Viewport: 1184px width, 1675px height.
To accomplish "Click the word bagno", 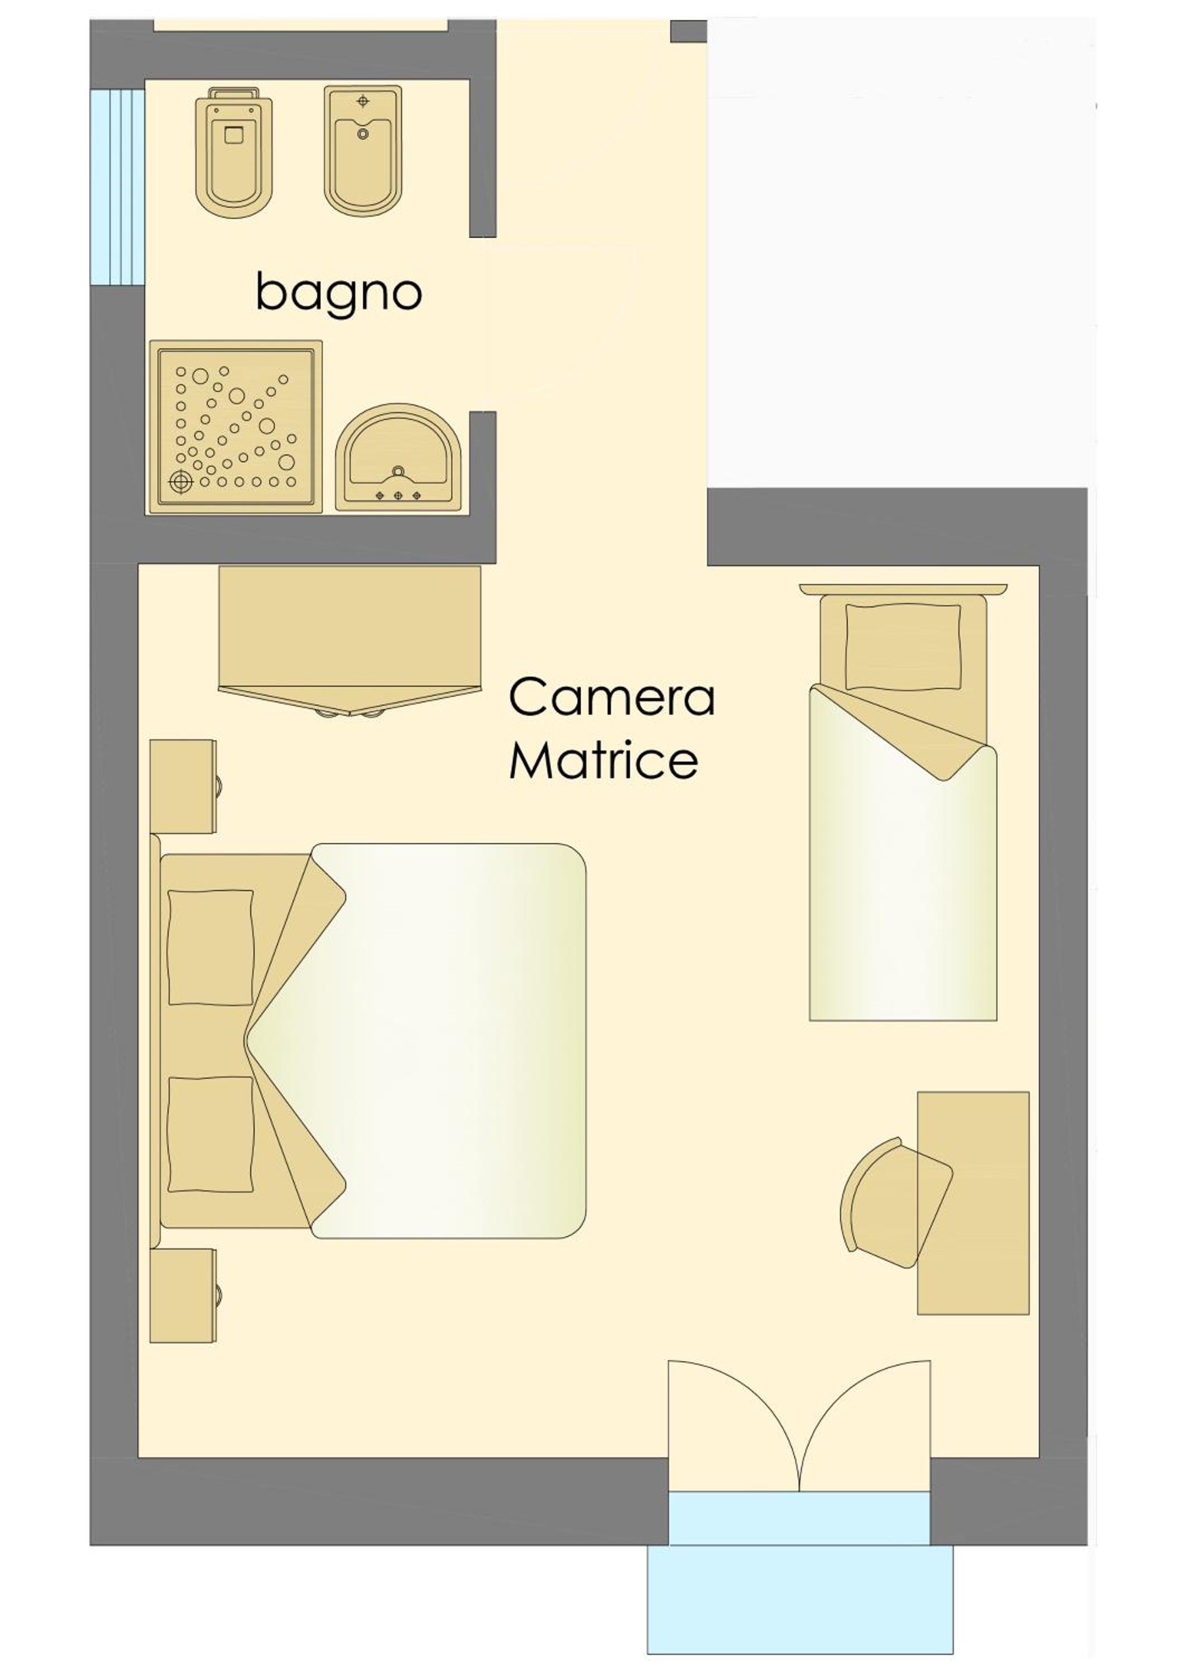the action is [338, 292].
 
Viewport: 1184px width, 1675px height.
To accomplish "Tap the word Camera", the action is [612, 696].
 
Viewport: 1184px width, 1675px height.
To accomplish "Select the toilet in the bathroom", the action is [233, 152].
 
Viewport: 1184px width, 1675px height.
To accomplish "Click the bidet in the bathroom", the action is [363, 150].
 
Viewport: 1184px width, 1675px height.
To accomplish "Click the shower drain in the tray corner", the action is [179, 481].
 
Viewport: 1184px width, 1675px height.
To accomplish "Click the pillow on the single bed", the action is [903, 647].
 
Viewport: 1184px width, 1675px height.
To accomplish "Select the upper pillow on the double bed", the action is [211, 947].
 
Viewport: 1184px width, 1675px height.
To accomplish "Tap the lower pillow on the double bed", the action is [211, 1135].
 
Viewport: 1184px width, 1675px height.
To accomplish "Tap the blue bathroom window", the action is [117, 186].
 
